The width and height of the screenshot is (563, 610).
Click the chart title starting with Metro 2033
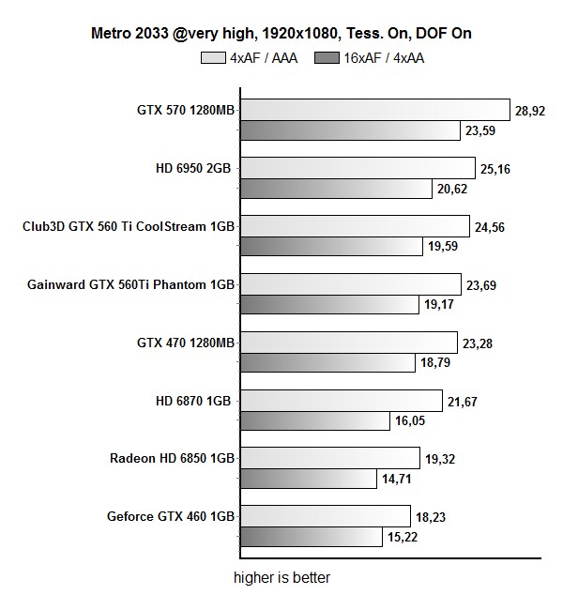point(281,34)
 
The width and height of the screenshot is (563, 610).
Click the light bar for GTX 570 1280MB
point(374,111)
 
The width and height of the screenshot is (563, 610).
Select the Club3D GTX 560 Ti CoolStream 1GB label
point(128,226)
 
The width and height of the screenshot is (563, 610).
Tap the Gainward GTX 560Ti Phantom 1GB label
point(130,284)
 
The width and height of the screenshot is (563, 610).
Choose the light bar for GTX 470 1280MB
point(348,343)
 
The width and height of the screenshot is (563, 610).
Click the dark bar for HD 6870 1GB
point(314,421)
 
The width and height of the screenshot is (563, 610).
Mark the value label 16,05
point(411,421)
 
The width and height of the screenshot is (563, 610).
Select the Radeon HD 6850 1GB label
point(172,458)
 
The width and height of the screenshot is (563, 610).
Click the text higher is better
point(281,578)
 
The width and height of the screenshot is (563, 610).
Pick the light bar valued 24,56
point(355,226)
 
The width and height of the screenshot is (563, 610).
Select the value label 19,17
point(438,305)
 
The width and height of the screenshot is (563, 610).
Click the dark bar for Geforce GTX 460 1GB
point(310,537)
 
